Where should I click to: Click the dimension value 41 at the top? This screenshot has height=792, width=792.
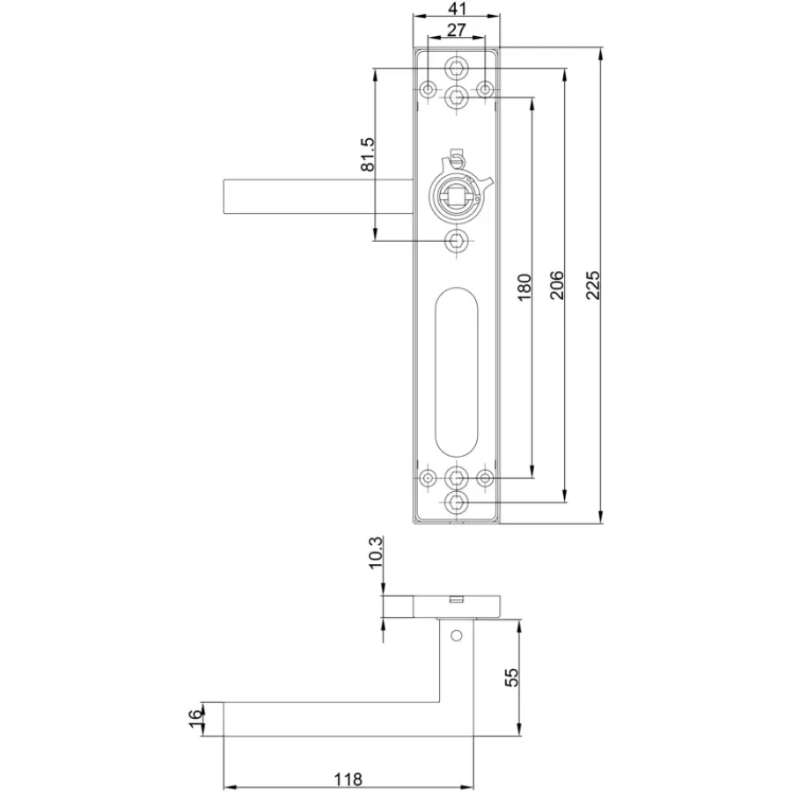457,9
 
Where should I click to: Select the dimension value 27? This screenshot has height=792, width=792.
456,30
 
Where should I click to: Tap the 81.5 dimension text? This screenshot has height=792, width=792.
368,154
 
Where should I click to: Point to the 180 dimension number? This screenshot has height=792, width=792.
524,286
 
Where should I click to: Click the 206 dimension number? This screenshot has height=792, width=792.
557,285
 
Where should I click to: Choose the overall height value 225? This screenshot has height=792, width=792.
593,285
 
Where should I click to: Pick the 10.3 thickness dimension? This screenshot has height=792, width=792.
376,553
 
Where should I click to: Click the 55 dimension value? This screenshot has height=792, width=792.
511,678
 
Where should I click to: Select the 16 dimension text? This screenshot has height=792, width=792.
195,719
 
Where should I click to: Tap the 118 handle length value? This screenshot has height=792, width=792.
348,780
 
